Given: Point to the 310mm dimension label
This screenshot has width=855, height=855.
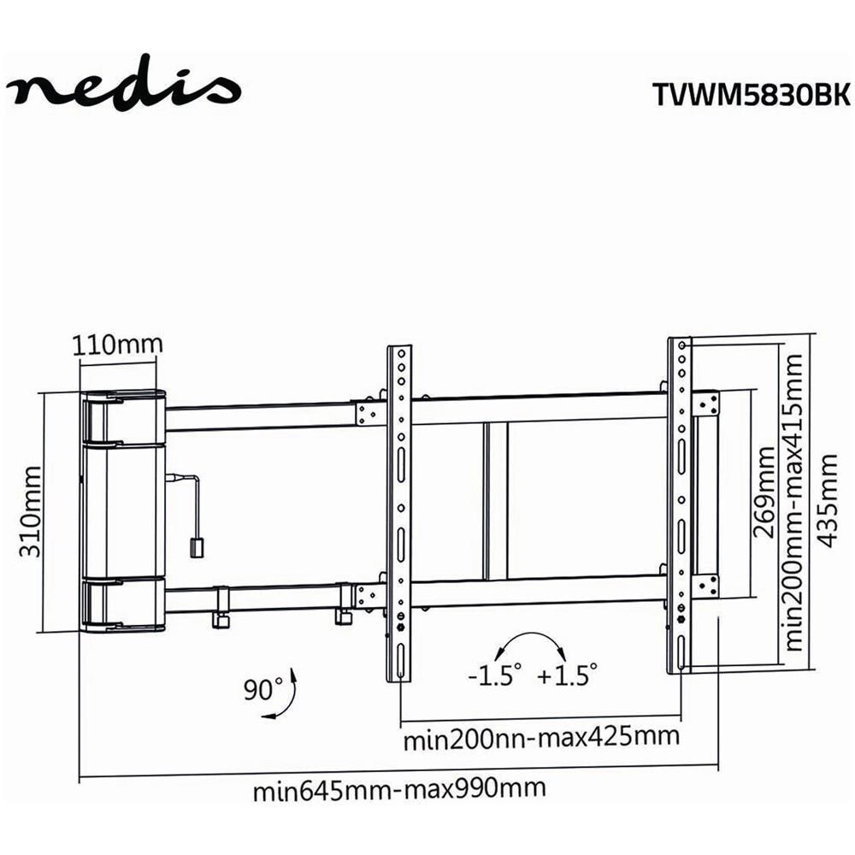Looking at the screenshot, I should click(32, 511).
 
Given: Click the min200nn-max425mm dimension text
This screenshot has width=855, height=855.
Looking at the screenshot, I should click(541, 737).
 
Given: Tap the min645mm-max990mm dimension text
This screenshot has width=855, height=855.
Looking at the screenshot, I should click(399, 789).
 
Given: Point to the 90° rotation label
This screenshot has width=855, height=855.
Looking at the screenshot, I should click(261, 688).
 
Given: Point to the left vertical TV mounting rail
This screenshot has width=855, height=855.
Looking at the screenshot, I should click(398, 513).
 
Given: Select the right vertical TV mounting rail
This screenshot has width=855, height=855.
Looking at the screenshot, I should click(679, 504).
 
